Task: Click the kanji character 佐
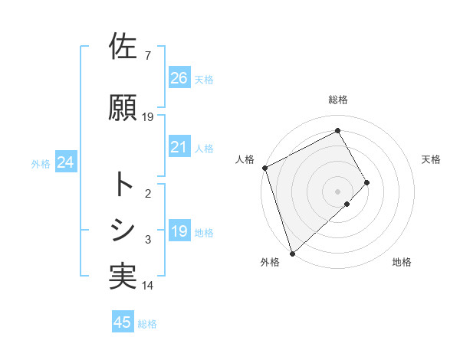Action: (x=123, y=47)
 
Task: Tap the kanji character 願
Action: (x=123, y=108)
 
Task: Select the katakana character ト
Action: (x=123, y=185)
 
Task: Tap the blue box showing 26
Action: (x=179, y=78)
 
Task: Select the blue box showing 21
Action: (x=179, y=148)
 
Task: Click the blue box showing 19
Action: (x=179, y=232)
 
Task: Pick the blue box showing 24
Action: (x=66, y=163)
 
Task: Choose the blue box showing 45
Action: (x=123, y=323)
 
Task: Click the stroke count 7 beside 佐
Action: (x=147, y=56)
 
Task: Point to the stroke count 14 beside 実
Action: (x=148, y=286)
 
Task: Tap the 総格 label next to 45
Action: (x=148, y=324)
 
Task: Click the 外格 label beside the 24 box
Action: (x=41, y=164)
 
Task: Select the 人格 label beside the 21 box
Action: (x=204, y=149)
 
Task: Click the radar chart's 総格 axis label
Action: (x=338, y=100)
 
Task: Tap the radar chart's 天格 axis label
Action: (x=432, y=159)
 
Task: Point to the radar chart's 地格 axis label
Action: (x=402, y=263)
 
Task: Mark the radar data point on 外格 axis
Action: (x=291, y=252)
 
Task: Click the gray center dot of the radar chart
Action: (x=337, y=190)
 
